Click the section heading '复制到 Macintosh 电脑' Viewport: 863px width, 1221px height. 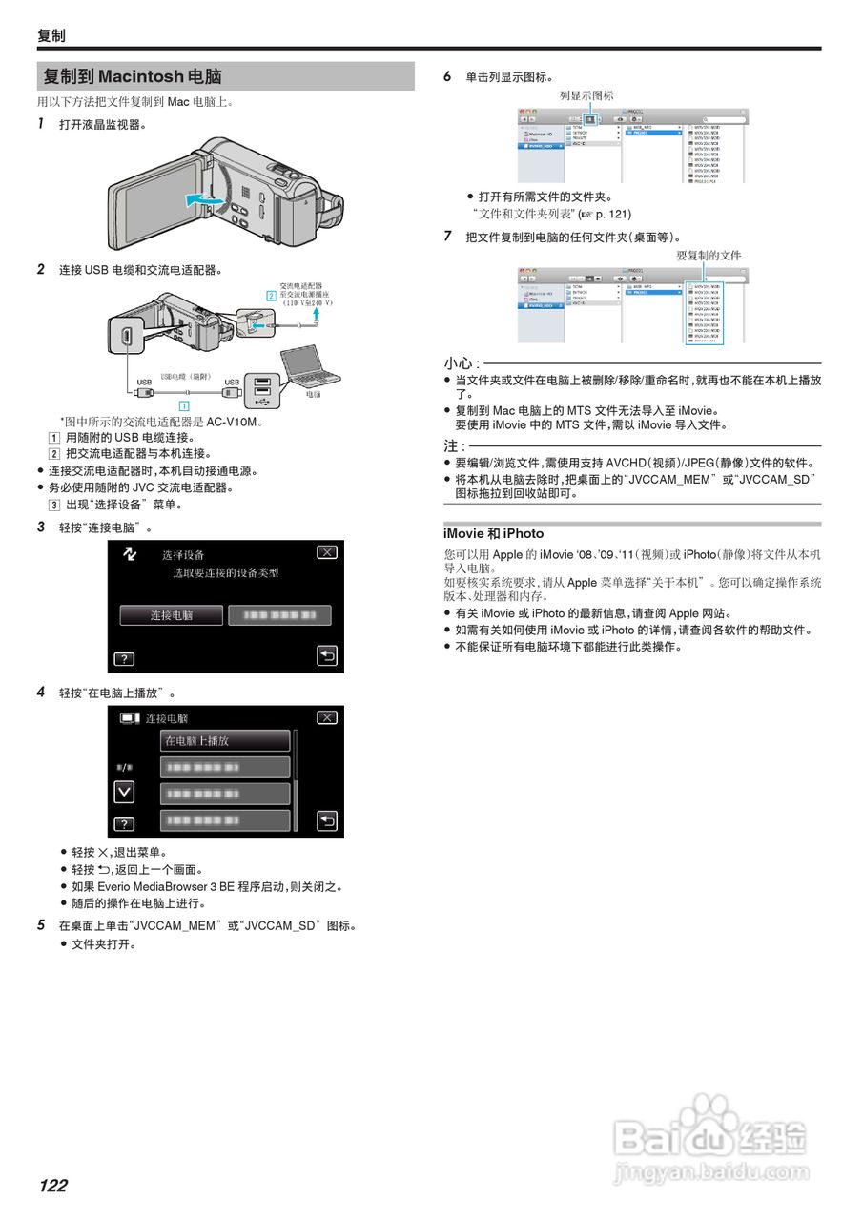[x=133, y=76]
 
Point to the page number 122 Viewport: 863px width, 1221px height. [x=53, y=1186]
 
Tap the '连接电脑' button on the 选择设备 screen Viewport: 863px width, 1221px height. [x=172, y=615]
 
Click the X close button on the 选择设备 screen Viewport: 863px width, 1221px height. [x=327, y=553]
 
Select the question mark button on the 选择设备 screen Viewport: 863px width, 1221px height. [x=124, y=658]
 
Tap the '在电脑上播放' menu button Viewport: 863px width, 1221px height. [x=225, y=740]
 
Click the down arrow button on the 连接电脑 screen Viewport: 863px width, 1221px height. [x=124, y=792]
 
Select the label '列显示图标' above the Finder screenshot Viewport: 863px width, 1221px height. [x=586, y=95]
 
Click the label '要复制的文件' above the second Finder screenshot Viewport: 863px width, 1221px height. [x=709, y=256]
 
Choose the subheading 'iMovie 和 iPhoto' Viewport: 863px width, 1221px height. [x=493, y=533]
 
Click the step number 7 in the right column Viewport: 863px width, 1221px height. [x=447, y=236]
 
